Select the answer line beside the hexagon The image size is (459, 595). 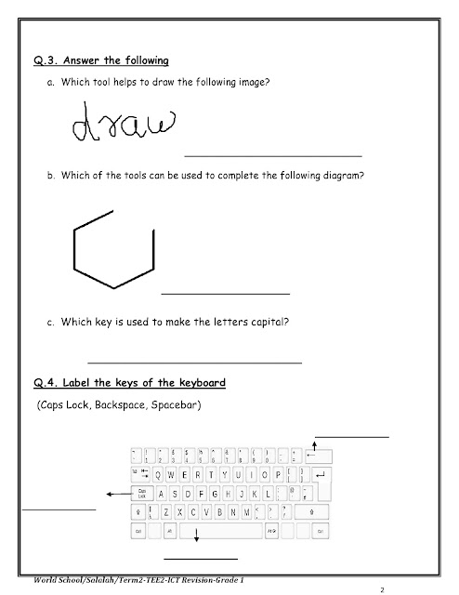click(x=226, y=294)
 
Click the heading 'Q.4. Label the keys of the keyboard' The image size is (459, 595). click(x=130, y=383)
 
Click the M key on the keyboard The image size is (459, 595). click(x=248, y=511)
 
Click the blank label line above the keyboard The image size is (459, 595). click(x=351, y=435)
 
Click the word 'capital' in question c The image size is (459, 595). click(x=269, y=324)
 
